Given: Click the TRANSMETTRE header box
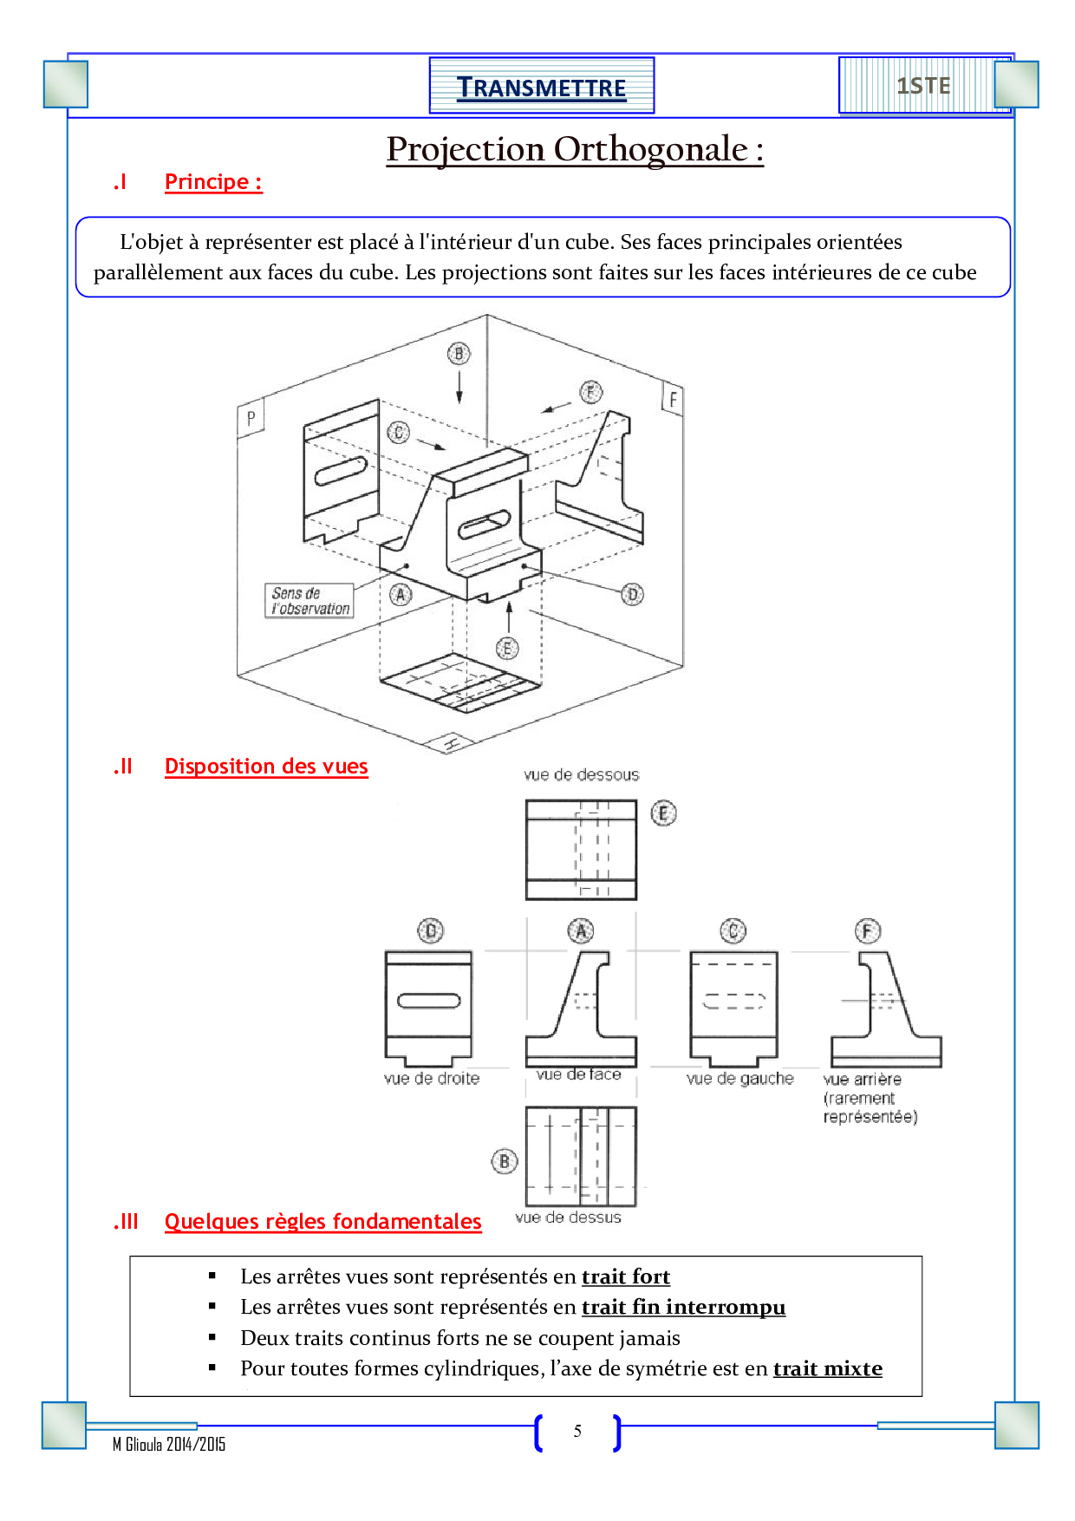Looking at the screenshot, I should pyautogui.click(x=541, y=87).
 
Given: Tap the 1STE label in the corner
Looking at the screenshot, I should pyautogui.click(x=923, y=86).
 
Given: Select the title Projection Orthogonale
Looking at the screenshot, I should pyautogui.click(x=574, y=149).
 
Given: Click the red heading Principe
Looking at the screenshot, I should pyautogui.click(x=213, y=182).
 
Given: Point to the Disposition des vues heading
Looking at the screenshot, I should pyautogui.click(x=266, y=767).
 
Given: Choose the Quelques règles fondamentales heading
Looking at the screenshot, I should pyautogui.click(x=322, y=1222).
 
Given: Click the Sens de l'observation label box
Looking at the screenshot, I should pyautogui.click(x=309, y=600).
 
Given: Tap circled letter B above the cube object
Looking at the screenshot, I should pyautogui.click(x=459, y=354).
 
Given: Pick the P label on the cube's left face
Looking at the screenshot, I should pyautogui.click(x=251, y=418).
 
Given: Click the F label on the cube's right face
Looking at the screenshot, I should pyautogui.click(x=673, y=400).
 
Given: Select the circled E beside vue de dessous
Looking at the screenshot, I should pyautogui.click(x=663, y=813).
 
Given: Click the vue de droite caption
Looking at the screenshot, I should pyautogui.click(x=431, y=1079).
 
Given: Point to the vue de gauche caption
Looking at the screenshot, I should pyautogui.click(x=739, y=1079).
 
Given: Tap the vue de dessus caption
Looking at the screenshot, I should pyautogui.click(x=568, y=1217).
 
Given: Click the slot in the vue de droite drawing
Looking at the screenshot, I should pyautogui.click(x=428, y=1001).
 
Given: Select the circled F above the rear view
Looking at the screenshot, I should pyautogui.click(x=868, y=931).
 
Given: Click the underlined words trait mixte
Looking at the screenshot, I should pyautogui.click(x=827, y=1368).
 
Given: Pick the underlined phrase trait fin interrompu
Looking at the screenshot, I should pyautogui.click(x=683, y=1307).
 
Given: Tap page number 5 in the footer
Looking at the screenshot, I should pyautogui.click(x=577, y=1432).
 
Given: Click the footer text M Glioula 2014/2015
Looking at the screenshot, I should pyautogui.click(x=169, y=1444).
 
